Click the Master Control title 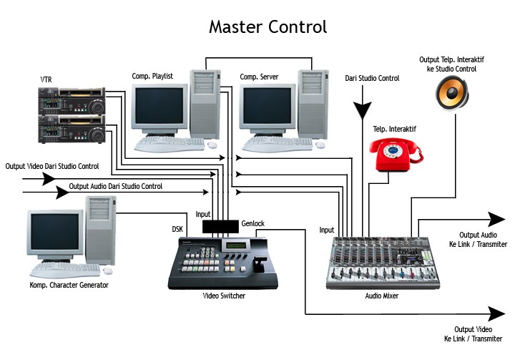coord(268,27)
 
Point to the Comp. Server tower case coord(312,103)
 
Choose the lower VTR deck coord(72,128)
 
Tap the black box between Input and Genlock coord(220,226)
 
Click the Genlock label coord(252,223)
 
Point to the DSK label coord(177,230)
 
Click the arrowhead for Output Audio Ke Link coord(496,219)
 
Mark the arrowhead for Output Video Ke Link coord(496,313)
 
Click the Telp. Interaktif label coord(394,129)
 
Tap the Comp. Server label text coord(259,77)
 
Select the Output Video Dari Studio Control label coord(52,166)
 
